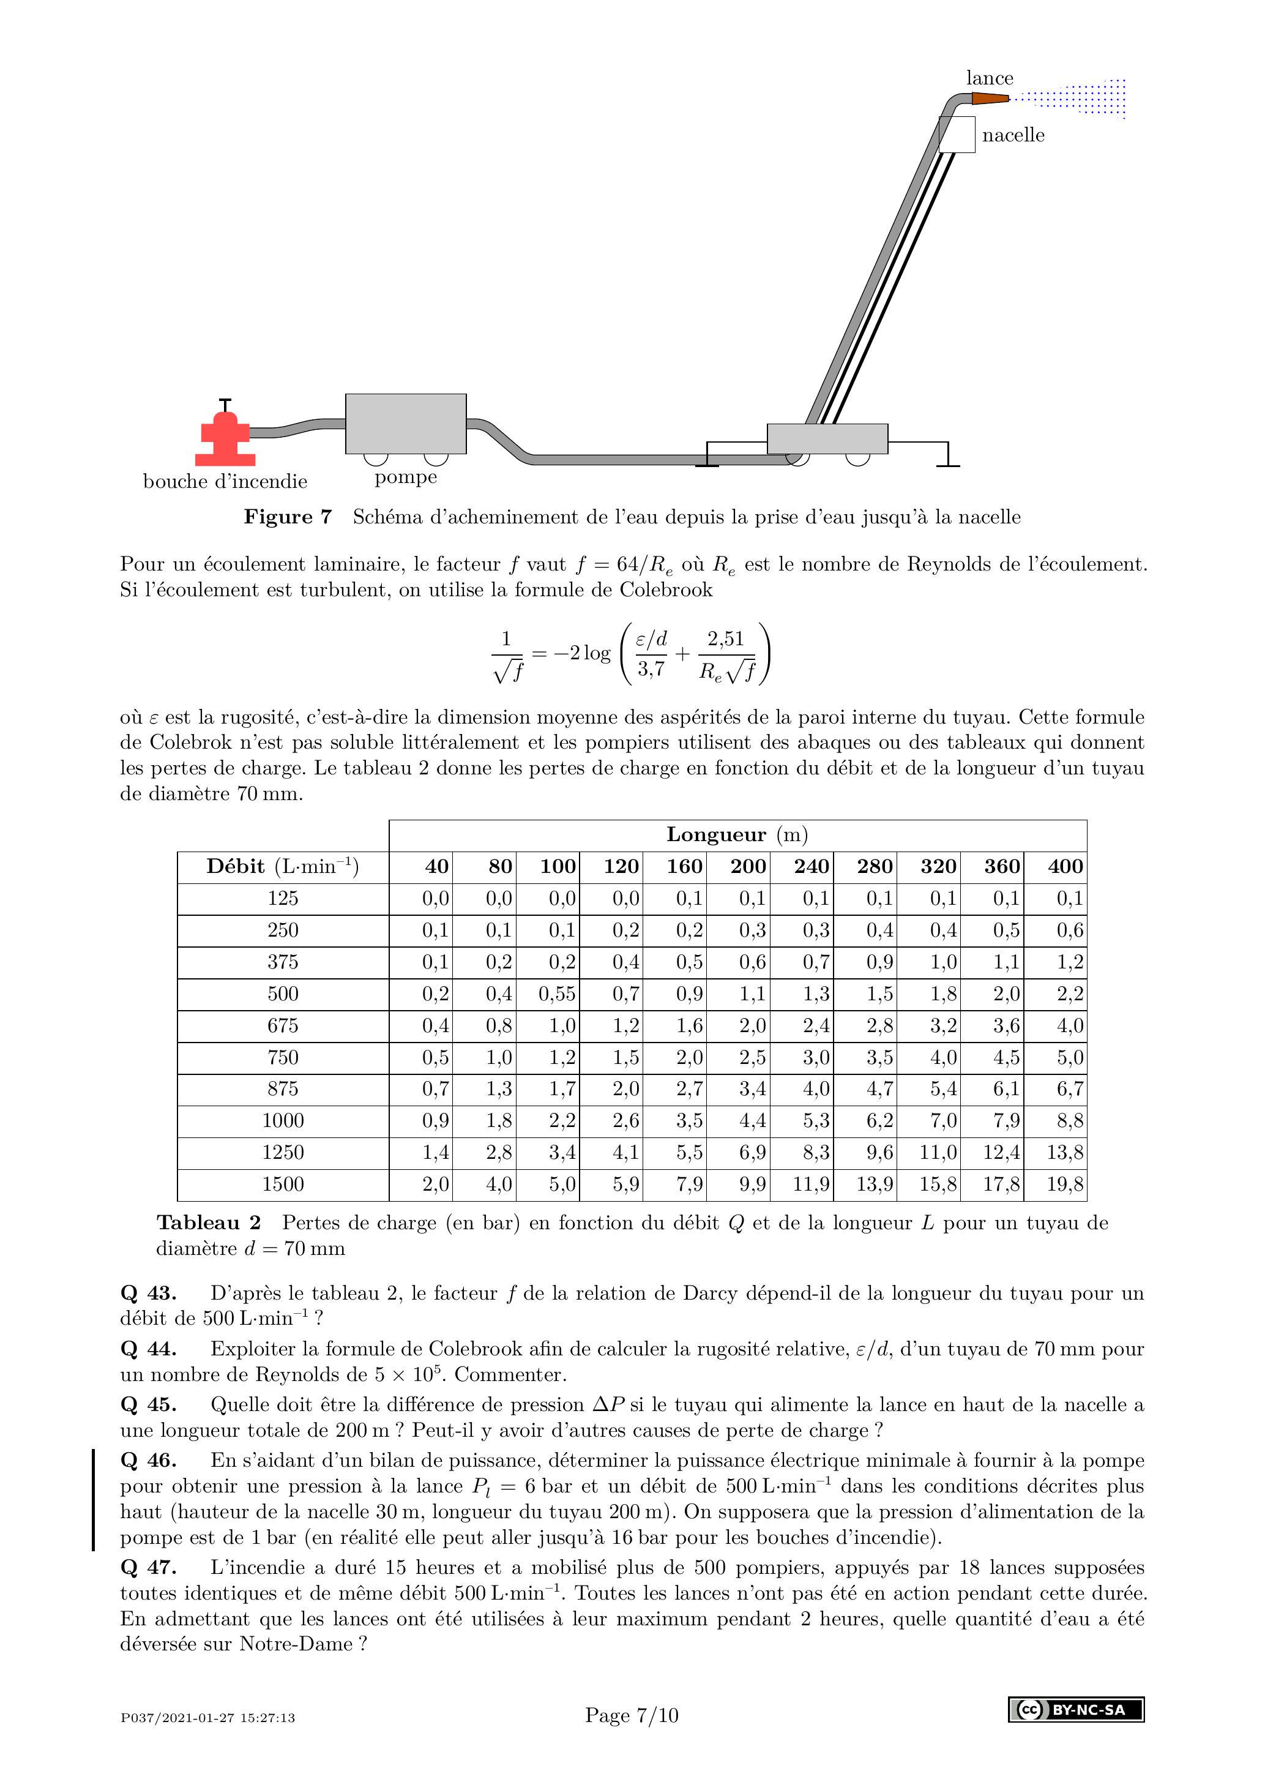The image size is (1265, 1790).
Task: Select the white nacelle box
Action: click(957, 135)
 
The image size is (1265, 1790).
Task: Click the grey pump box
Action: click(405, 424)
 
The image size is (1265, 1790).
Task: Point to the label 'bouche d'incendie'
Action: click(225, 482)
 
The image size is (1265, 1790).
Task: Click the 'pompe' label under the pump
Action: click(405, 477)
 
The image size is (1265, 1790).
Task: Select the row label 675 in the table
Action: click(283, 1025)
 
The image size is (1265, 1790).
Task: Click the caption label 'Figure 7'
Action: click(288, 517)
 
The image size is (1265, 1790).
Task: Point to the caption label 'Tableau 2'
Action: click(208, 1223)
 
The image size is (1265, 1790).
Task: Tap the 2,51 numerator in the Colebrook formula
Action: click(726, 639)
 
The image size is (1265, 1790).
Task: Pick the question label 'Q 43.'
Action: click(148, 1294)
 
